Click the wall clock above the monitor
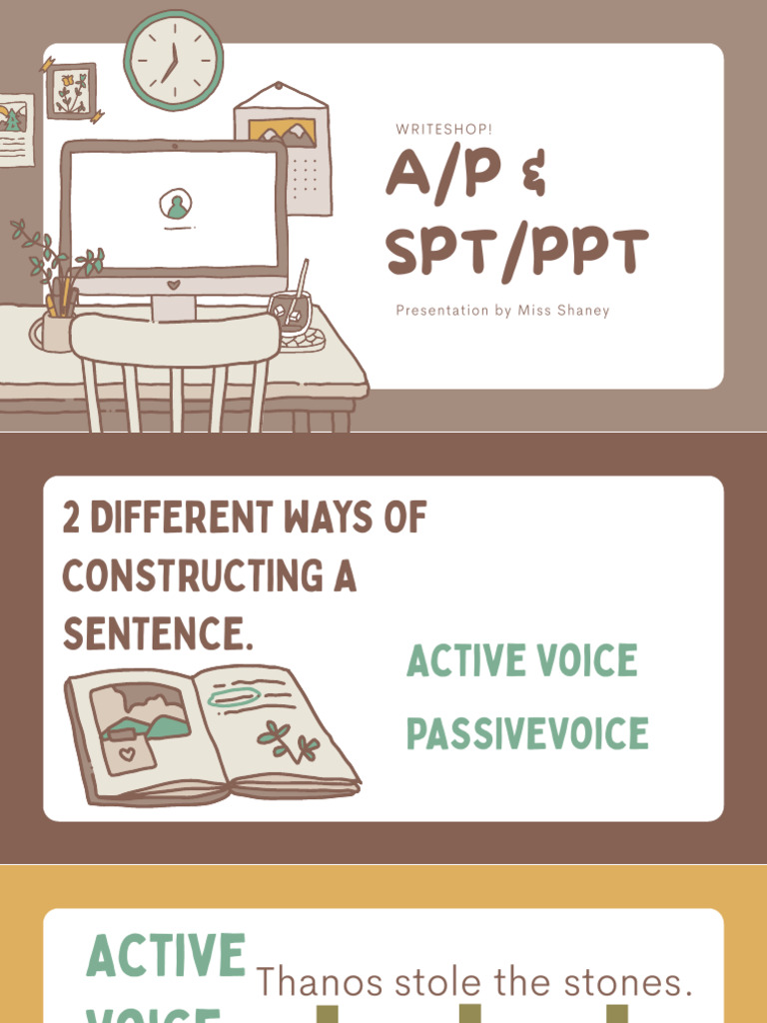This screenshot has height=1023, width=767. [173, 59]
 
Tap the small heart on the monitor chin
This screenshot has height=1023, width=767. [173, 285]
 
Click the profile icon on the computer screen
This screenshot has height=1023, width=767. [176, 206]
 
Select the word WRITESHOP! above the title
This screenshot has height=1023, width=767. [444, 130]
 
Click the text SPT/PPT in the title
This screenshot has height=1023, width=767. [517, 253]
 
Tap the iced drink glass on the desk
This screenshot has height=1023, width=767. [291, 313]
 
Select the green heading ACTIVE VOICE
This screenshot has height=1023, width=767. [521, 661]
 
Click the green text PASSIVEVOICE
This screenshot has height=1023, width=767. [526, 734]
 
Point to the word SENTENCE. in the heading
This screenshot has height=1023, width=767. [157, 633]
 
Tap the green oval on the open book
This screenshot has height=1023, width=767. [234, 697]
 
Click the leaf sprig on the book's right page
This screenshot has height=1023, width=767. [289, 742]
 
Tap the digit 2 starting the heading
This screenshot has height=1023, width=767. [72, 518]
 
